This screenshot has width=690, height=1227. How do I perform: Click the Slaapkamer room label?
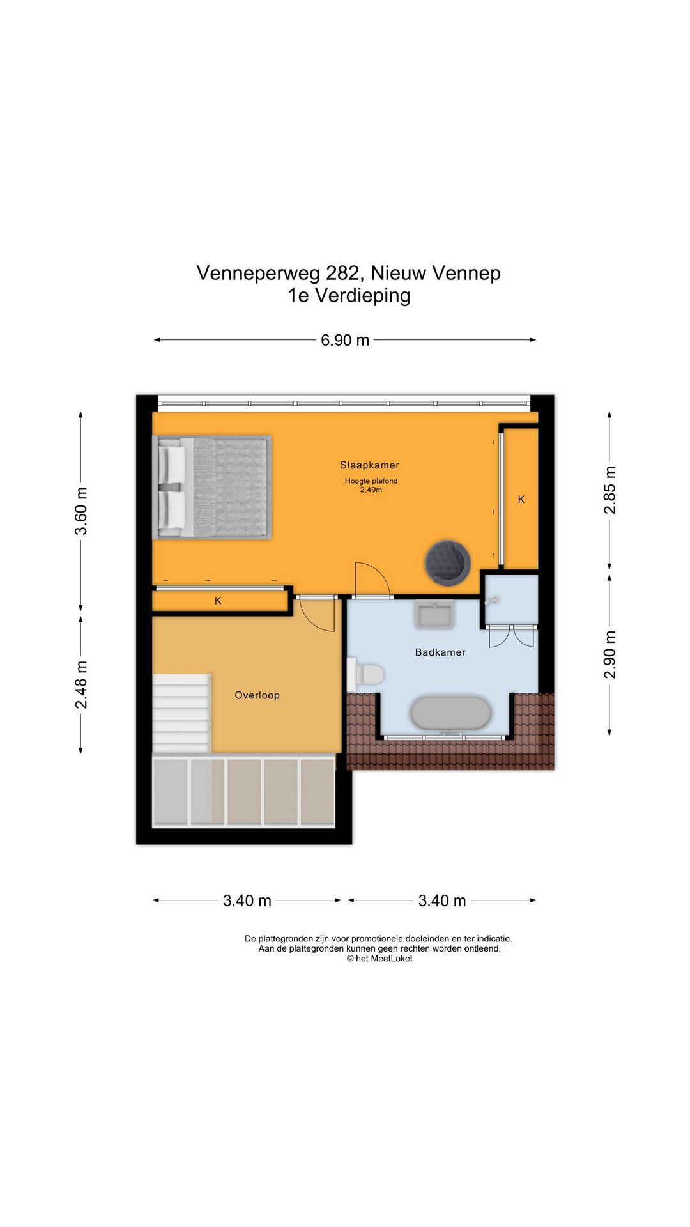pos(369,465)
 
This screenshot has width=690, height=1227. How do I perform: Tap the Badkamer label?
pos(440,652)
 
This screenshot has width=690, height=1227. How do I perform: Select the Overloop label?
pos(257,695)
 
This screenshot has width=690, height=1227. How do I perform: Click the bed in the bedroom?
pos(212,488)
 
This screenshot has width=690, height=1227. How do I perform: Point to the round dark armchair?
pos(448,562)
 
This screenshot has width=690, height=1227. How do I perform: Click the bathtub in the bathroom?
pos(451,713)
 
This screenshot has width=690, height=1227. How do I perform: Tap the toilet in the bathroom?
pos(365,674)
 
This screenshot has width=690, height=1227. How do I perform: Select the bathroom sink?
pos(434,614)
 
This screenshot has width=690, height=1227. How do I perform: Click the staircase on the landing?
pos(181,713)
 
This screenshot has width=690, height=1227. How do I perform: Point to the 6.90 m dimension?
pos(345,340)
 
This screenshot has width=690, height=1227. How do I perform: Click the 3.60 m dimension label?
pos(81,511)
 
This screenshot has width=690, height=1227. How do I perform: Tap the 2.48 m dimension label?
pos(81,685)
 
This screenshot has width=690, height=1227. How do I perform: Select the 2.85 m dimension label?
pos(610,490)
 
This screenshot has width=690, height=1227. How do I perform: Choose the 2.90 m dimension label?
pos(610,655)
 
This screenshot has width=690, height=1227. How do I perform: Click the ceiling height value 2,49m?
pos(371,490)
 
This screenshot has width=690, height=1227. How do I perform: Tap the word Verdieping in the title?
pos(363,296)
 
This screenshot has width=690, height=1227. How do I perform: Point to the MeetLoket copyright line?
pos(379,959)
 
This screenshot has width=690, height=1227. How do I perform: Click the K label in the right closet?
pos(521,500)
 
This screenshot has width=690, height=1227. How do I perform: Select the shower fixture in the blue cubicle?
pos(492,601)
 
